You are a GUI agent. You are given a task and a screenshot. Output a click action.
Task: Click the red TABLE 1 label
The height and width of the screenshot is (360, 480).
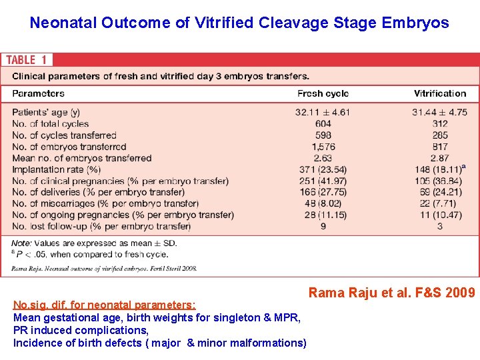(30, 60)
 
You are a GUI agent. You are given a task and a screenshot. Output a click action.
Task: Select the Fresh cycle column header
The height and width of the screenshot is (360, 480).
(323, 93)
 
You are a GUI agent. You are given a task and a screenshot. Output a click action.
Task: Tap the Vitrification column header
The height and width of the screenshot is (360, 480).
(439, 93)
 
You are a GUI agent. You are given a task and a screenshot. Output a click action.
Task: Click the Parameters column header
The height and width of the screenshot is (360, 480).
(39, 93)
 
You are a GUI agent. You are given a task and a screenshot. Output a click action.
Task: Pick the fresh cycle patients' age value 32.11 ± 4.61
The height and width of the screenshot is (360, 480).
(323, 112)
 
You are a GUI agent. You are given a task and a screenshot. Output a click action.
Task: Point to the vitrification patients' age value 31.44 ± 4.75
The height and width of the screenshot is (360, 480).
(439, 112)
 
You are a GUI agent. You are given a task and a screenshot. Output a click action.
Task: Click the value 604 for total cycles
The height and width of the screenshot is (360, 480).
(323, 123)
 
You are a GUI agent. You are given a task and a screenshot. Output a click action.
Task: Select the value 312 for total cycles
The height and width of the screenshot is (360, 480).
(439, 123)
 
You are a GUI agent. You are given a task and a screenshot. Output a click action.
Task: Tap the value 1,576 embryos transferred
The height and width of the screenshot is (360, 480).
(323, 147)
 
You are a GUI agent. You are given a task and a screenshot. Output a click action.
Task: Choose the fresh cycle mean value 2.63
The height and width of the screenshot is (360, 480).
(323, 158)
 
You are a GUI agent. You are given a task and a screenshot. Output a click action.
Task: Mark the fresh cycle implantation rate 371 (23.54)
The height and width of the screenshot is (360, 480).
(323, 169)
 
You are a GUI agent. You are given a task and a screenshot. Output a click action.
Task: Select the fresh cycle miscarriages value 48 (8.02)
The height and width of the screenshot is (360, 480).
(323, 203)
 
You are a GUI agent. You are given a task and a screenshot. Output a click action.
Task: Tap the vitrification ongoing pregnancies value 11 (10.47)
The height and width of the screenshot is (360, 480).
(439, 215)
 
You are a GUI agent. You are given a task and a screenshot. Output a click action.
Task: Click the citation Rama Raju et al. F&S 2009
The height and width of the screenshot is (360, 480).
(391, 293)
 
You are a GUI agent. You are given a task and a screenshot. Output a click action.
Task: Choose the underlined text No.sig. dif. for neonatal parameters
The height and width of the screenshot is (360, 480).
(105, 305)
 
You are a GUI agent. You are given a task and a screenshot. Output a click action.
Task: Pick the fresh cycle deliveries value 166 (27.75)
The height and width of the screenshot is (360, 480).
(323, 192)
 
